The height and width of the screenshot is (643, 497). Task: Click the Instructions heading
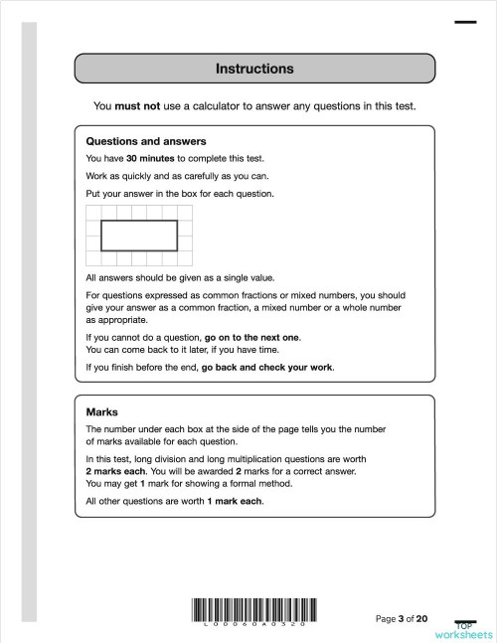(254, 69)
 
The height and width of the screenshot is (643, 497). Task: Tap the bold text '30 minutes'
(150, 159)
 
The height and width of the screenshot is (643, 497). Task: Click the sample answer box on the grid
(139, 236)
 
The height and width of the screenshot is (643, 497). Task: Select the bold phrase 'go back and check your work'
(267, 367)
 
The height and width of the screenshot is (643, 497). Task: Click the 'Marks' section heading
(102, 411)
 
